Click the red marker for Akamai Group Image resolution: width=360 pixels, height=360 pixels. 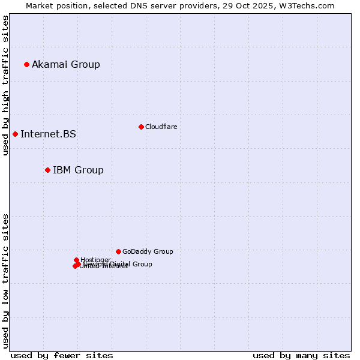point(26,64)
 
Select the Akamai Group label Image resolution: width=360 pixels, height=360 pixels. point(66,64)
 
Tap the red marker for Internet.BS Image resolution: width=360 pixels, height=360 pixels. point(15,134)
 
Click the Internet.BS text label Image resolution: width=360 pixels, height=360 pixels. point(48,134)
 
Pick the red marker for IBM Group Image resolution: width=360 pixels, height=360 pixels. point(47,170)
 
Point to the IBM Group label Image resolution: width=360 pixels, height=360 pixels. point(78,170)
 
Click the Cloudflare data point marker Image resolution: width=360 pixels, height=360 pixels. point(141,127)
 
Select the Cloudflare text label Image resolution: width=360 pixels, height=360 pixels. point(161,127)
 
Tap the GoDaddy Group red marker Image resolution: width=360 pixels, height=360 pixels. point(118,251)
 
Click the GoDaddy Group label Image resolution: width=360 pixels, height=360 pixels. point(148,251)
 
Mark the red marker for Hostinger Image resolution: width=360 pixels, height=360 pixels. point(76,260)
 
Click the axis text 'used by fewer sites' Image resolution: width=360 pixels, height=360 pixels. point(62,355)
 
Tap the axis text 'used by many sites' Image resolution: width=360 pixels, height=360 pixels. point(301,355)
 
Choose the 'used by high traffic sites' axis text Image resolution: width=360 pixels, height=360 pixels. point(5,85)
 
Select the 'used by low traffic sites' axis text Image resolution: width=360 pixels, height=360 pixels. point(5,280)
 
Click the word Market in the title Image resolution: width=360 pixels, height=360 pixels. point(40,5)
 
